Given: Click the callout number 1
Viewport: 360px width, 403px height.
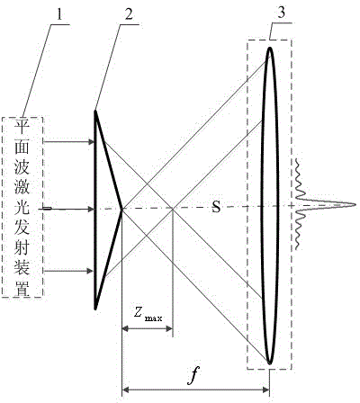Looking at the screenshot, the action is (59, 13).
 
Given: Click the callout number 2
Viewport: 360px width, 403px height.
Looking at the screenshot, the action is (129, 13).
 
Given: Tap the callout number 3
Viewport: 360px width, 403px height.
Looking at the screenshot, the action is (281, 13).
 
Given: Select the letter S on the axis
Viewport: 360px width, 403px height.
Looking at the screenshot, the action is (216, 207).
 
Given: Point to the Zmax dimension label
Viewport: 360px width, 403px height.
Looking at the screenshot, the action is (148, 315).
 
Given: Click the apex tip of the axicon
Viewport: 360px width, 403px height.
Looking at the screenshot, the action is (121, 210).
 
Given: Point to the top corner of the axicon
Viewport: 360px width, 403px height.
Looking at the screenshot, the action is (95, 111).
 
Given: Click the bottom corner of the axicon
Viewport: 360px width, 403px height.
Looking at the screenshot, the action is (95, 309).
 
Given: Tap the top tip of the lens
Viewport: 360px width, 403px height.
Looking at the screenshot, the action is (270, 48).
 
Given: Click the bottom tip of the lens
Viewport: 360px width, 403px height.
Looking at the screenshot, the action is (269, 364).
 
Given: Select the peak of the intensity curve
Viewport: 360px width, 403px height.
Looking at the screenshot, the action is (355, 205).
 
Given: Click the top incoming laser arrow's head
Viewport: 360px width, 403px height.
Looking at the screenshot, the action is (91, 141).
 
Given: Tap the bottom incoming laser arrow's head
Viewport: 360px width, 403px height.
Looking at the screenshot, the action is (90, 271).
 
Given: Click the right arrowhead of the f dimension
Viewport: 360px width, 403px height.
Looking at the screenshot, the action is (266, 390).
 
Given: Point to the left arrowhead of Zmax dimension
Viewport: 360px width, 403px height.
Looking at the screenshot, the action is (125, 329).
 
